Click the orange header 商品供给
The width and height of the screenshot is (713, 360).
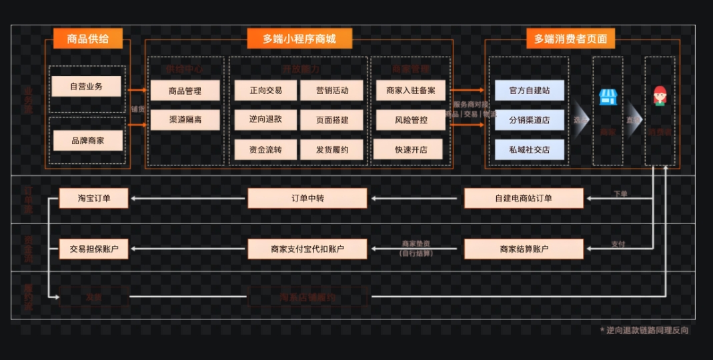(x=87, y=39)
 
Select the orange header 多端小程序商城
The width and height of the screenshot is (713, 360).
(x=299, y=39)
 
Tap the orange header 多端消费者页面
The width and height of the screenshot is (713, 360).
(x=571, y=39)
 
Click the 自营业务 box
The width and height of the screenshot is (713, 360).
(x=86, y=86)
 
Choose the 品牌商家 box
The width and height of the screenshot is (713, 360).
(x=87, y=141)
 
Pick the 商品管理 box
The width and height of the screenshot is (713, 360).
(x=185, y=91)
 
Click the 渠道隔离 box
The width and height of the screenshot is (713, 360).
(x=185, y=119)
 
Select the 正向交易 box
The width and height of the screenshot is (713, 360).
(x=265, y=91)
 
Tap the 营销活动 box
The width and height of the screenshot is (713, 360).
(x=332, y=91)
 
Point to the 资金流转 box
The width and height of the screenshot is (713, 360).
(x=265, y=149)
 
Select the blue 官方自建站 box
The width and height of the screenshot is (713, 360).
(x=530, y=91)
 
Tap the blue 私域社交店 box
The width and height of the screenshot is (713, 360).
(x=530, y=149)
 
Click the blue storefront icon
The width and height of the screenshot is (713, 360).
(x=608, y=97)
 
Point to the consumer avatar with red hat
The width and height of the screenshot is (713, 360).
(x=660, y=96)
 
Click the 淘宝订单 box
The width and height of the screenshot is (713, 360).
(x=93, y=198)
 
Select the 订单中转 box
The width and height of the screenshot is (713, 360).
(x=307, y=198)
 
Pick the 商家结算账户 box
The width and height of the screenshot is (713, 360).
(x=524, y=249)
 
